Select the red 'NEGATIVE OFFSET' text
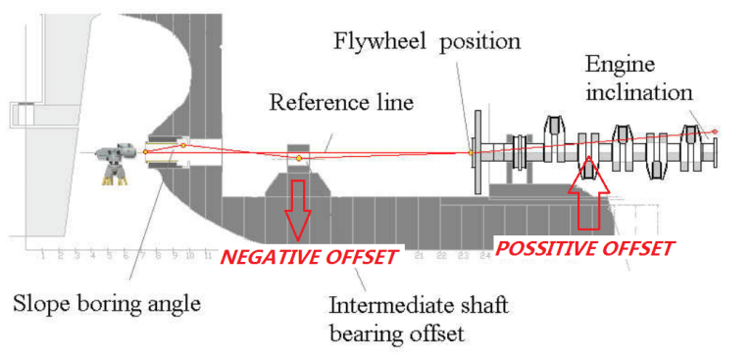click(309, 257)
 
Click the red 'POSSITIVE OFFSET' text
click(584, 248)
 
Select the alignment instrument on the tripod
click(117, 155)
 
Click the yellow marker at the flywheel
click(471, 152)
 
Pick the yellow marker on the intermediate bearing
click(299, 158)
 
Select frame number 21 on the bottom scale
click(418, 256)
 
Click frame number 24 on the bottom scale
click(483, 256)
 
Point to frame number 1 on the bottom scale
click(45, 256)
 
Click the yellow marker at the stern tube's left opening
click(145, 151)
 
